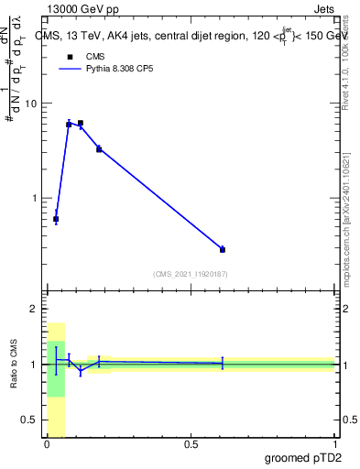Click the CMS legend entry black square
coord(70,56)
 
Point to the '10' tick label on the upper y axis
coord(30,104)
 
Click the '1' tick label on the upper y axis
coord(34,198)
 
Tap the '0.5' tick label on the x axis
coord(191,444)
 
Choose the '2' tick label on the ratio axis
coord(34,310)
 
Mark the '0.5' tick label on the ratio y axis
coord(29,420)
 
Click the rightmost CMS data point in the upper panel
coord(223,249)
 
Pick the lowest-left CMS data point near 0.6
coord(56,219)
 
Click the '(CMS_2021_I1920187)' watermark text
coord(191,273)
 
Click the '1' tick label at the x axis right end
coord(334,444)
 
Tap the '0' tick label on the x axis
coord(47,444)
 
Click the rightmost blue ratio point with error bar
coord(223,364)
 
